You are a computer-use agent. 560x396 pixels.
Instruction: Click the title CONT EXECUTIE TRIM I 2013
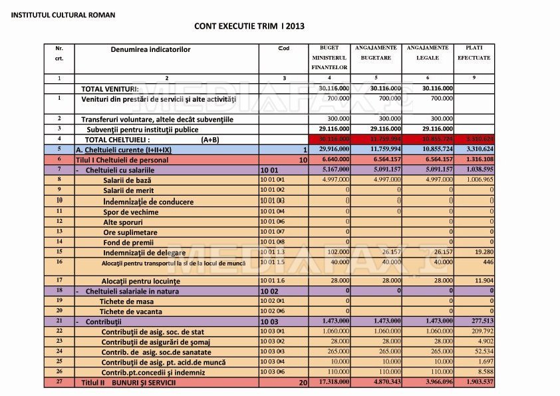pos(249,26)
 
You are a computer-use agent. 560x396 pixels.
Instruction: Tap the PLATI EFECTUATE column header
pos(474,53)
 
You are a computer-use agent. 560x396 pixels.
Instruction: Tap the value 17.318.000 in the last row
pos(330,382)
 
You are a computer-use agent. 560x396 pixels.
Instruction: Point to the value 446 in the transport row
pos(488,262)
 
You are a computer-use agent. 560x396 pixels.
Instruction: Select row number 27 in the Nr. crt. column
pos(59,382)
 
